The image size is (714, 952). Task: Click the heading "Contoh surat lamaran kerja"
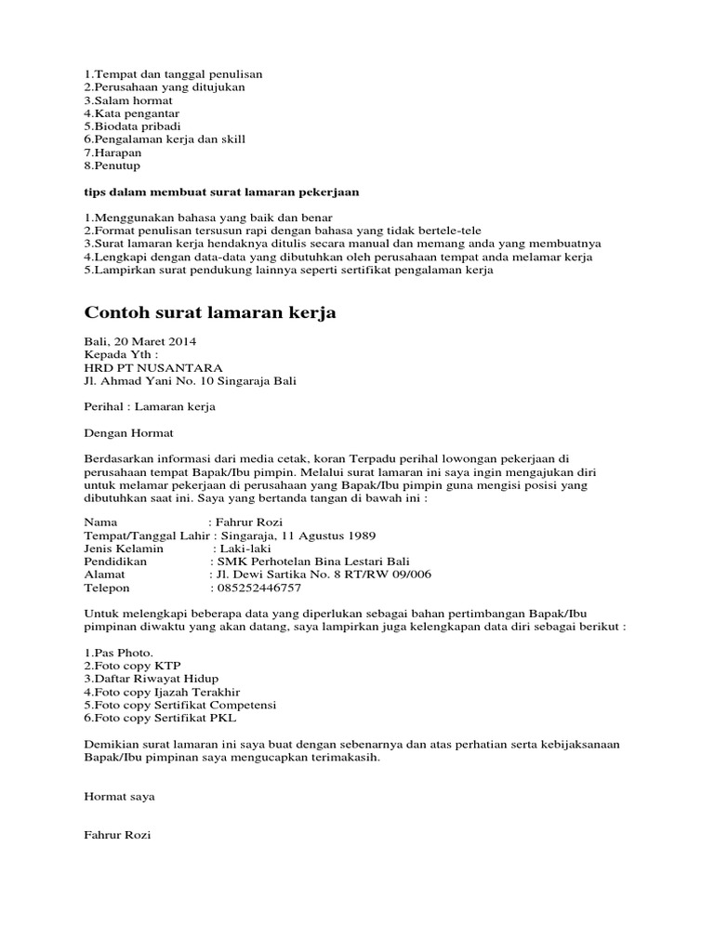point(210,313)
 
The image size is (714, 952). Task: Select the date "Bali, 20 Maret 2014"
point(140,341)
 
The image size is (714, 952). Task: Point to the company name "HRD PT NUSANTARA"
point(153,367)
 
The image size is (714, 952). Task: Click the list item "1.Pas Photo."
point(119,653)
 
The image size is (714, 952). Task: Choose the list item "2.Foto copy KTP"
point(132,666)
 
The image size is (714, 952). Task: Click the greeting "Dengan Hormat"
point(128,432)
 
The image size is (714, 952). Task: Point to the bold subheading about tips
point(221,192)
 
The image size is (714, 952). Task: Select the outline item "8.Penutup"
point(112,165)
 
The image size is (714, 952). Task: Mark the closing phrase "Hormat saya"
point(119,797)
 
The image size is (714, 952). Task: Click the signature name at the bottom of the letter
point(117,836)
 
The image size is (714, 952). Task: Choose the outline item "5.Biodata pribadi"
point(132,126)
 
